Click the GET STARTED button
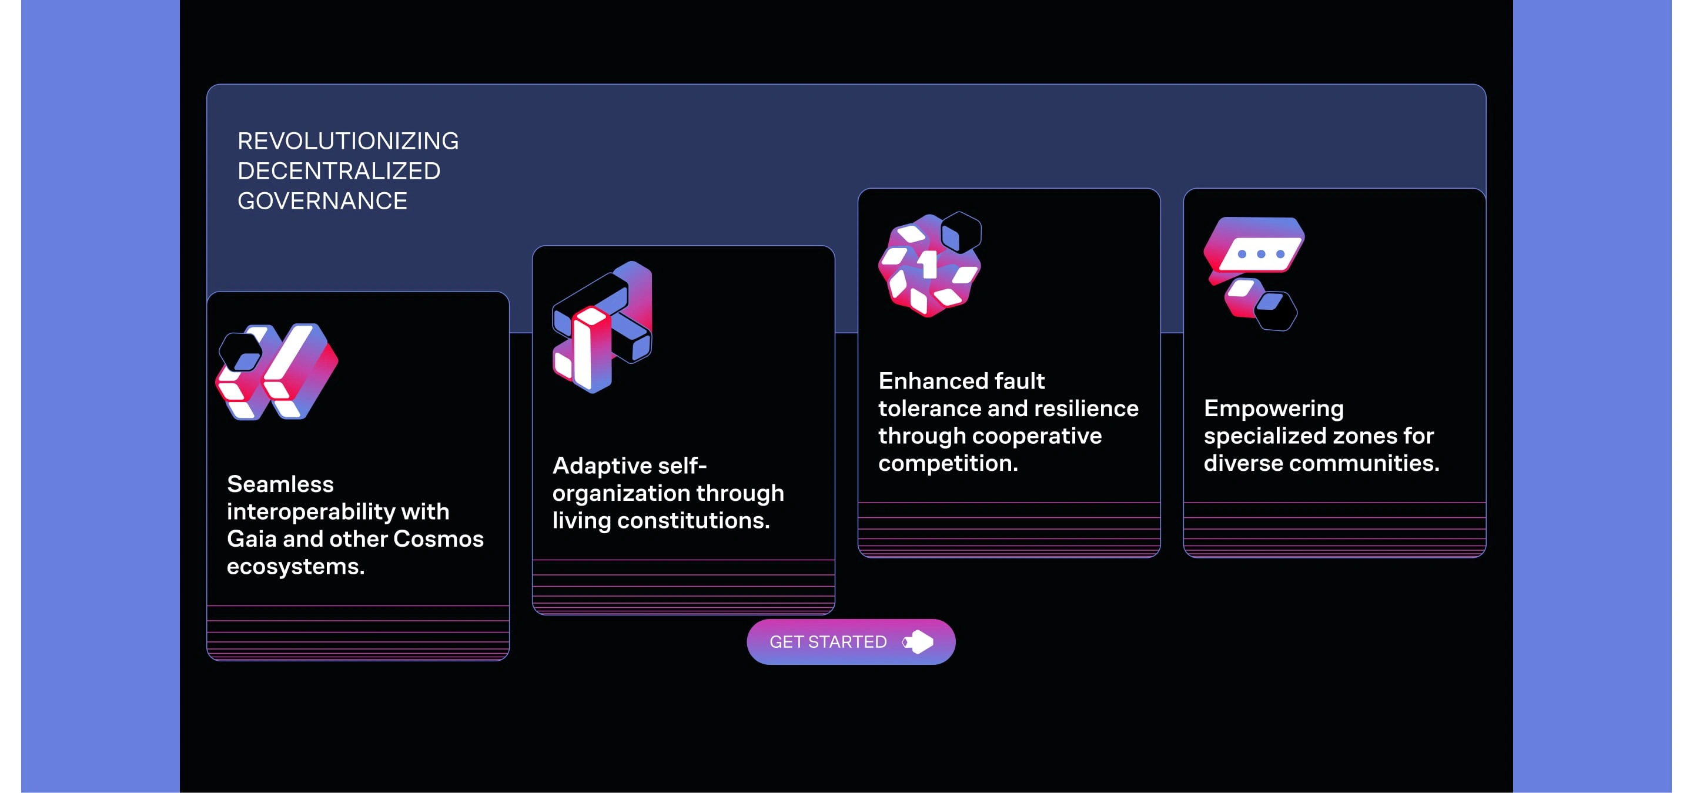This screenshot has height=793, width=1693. (x=851, y=641)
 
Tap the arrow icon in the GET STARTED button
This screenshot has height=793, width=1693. (x=918, y=642)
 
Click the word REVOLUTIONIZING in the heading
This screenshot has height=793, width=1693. (x=347, y=140)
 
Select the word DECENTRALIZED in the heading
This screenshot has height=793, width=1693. (x=339, y=171)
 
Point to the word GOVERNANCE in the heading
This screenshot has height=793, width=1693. (x=322, y=200)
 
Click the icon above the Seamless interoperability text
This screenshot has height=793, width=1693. (x=277, y=371)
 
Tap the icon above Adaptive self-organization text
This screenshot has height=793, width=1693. (x=603, y=326)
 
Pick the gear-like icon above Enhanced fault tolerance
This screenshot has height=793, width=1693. (x=930, y=264)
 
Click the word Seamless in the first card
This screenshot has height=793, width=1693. (x=280, y=484)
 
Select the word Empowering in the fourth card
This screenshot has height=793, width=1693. (x=1274, y=409)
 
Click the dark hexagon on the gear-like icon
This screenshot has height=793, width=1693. (x=961, y=233)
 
